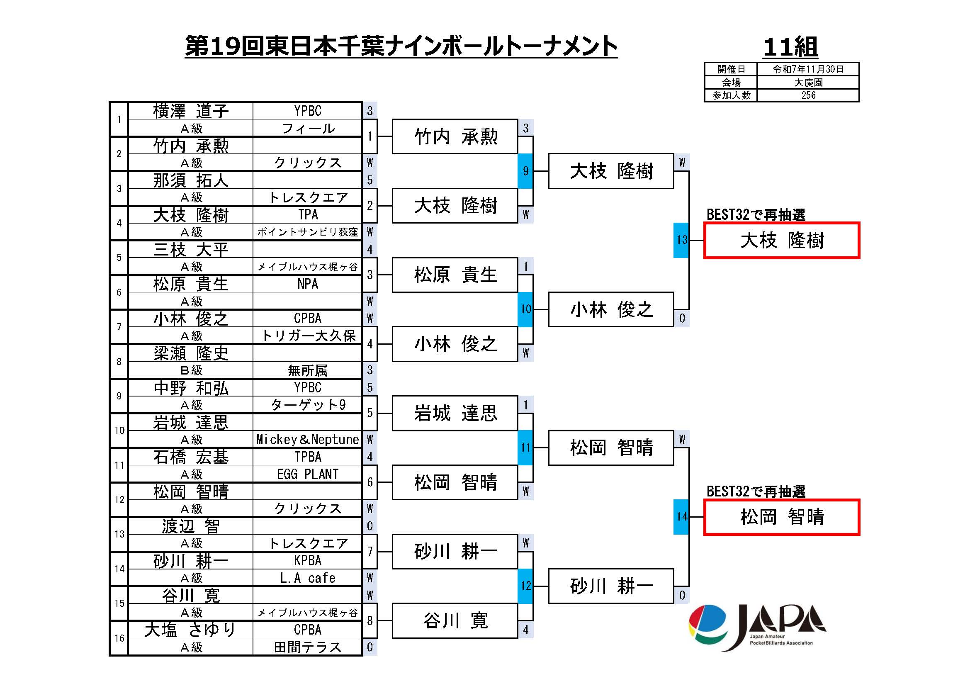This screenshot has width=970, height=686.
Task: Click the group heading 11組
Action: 790,46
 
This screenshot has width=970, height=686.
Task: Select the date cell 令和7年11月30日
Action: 808,69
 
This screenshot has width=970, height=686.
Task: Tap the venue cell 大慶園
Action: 808,83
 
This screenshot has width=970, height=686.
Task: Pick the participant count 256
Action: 808,95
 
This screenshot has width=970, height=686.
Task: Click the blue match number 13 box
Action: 681,240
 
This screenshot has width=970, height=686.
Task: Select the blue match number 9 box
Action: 525,170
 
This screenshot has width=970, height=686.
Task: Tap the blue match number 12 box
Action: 525,586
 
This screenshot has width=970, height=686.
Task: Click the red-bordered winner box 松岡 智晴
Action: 782,517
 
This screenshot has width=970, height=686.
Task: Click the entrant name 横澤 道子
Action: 190,111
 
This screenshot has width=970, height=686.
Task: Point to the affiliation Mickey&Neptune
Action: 307,440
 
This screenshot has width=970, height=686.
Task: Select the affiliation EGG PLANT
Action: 307,474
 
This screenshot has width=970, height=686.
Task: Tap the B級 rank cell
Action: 190,370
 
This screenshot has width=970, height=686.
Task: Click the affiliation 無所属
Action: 307,370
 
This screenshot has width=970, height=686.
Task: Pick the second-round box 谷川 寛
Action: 455,620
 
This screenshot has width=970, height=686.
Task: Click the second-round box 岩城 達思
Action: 455,413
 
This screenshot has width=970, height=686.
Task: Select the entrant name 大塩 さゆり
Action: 190,630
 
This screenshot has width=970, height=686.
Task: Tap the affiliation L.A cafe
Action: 307,578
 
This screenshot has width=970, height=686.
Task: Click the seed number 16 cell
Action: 119,638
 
